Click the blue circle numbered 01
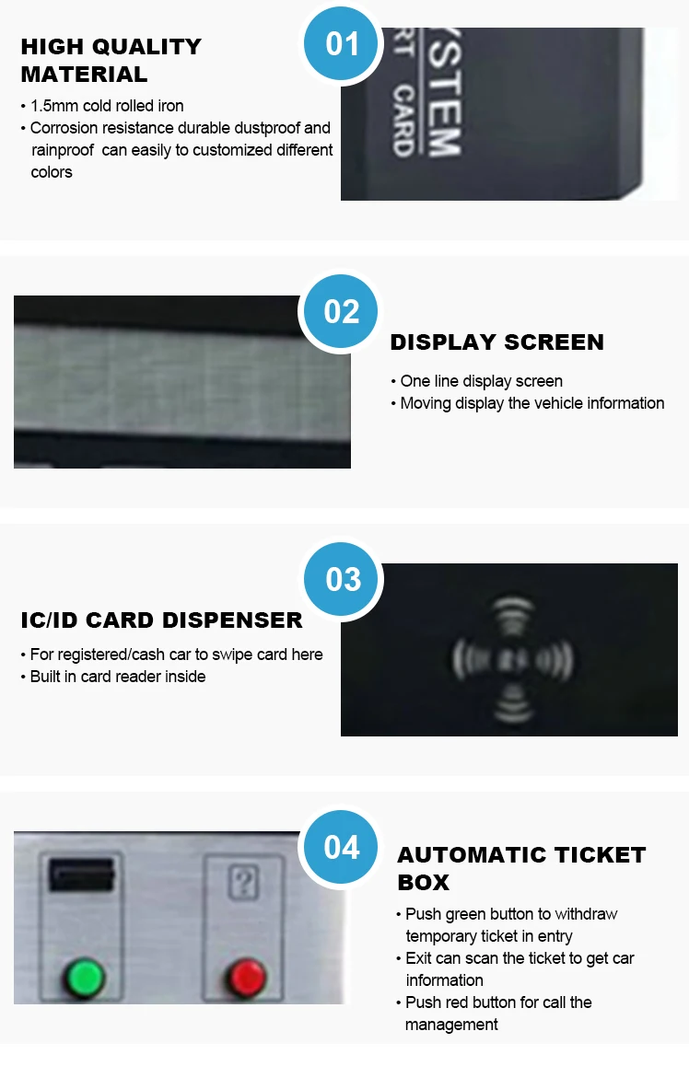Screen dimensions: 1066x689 click(343, 43)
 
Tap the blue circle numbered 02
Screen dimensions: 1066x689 click(342, 311)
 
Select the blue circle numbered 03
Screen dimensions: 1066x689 click(343, 579)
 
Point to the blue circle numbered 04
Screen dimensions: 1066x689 click(342, 847)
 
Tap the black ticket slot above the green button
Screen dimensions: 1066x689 click(81, 872)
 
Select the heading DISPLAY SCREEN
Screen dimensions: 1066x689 click(496, 342)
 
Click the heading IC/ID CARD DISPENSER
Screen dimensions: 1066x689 click(161, 620)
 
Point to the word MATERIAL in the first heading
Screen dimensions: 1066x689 click(84, 75)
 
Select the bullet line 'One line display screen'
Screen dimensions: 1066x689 click(481, 381)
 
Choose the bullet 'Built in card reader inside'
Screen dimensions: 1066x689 click(117, 677)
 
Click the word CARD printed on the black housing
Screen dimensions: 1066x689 click(403, 121)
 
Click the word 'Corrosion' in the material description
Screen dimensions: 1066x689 click(64, 128)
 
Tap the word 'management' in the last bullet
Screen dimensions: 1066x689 click(453, 1025)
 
